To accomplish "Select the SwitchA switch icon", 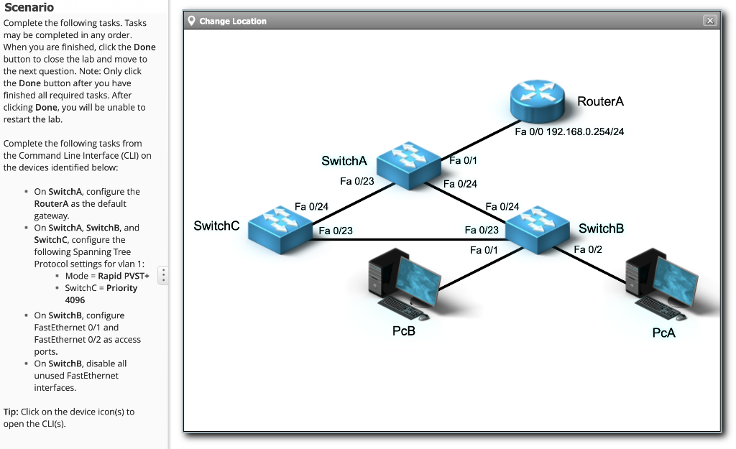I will tap(408, 165).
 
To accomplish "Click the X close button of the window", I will tap(710, 21).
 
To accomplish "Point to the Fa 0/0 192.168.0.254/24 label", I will tap(569, 132).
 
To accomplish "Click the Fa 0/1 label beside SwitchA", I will tap(463, 160).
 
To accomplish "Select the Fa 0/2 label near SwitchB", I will tap(588, 249).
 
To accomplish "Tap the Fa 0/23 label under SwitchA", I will tap(357, 181).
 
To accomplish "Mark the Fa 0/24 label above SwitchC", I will tap(311, 207).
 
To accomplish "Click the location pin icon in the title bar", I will tap(191, 21).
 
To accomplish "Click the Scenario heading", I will tap(29, 7).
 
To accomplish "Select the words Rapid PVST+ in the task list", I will tap(123, 276).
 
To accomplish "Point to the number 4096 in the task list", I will tap(75, 300).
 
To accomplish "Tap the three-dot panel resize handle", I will tap(163, 274).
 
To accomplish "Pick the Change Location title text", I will tap(233, 21).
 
